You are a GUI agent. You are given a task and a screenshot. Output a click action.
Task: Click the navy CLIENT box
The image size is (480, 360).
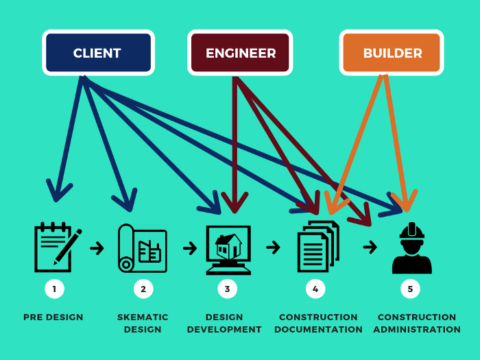pos(98,52)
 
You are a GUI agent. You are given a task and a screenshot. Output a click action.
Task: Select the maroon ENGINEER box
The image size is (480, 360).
pos(240,52)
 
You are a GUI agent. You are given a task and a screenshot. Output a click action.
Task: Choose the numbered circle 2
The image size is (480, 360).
pos(142,290)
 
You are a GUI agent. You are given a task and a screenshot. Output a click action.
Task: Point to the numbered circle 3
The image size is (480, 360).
pos(229,290)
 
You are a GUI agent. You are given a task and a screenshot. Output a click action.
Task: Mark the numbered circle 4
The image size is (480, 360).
pos(316,290)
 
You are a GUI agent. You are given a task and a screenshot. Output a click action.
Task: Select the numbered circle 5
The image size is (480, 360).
pos(410,290)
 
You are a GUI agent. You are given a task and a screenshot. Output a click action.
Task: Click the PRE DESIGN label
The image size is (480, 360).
pos(54,317)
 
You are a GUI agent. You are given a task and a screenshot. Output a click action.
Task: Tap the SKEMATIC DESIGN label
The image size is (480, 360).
pos(142,322)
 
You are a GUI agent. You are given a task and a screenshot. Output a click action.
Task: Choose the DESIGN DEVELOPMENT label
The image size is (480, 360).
pos(229,322)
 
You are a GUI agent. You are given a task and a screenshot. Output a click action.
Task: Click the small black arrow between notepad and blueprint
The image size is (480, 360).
pos(98,246)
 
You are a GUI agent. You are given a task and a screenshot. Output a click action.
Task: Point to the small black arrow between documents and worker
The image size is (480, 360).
pos(369,246)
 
